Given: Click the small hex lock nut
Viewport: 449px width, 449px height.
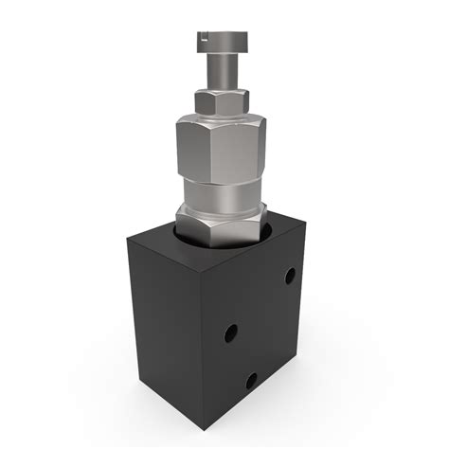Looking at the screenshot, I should (x=222, y=100).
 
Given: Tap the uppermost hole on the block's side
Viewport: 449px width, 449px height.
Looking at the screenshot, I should (x=290, y=276).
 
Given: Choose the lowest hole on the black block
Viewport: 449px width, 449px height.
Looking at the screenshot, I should (x=251, y=381).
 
